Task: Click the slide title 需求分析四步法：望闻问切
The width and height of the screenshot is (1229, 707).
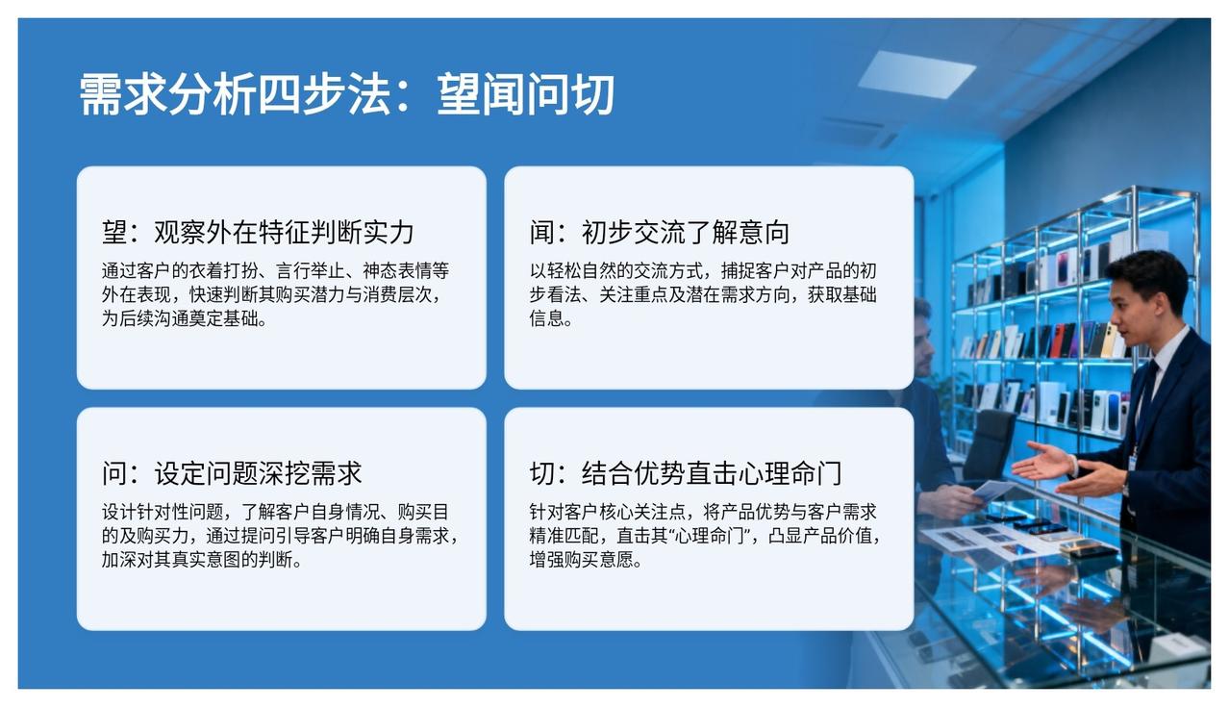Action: point(347,94)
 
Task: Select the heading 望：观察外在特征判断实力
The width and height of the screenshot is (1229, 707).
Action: point(258,232)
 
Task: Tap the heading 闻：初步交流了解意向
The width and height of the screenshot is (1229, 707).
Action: point(660,232)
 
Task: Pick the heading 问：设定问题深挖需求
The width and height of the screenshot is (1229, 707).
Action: point(232,473)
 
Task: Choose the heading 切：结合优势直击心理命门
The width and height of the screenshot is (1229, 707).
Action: point(686,473)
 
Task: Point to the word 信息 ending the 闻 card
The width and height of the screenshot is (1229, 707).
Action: point(546,318)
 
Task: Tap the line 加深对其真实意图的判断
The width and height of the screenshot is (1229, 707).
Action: point(197,559)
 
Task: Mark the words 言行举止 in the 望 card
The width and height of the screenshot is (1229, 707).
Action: point(310,270)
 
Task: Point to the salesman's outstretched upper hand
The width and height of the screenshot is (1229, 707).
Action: point(1041,461)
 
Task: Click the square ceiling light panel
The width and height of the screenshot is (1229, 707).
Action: point(916,74)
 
